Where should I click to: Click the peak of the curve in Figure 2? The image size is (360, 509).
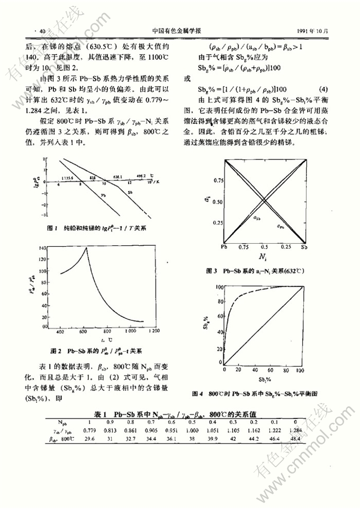point(86,247)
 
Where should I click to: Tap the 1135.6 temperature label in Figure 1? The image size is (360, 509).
point(67,177)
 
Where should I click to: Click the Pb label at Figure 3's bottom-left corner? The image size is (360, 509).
point(224,247)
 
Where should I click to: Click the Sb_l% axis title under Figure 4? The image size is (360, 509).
point(263,380)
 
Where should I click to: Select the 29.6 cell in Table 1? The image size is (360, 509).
point(89,439)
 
